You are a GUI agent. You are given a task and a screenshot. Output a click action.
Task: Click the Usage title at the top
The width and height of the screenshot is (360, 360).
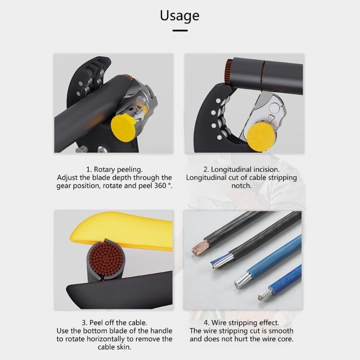point(180,16)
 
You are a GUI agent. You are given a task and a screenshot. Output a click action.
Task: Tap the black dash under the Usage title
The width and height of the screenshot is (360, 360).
point(180,31)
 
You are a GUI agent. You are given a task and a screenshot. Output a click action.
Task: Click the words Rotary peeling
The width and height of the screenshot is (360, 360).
point(118,170)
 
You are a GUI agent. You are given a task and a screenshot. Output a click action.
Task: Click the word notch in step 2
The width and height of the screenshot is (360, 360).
point(242,185)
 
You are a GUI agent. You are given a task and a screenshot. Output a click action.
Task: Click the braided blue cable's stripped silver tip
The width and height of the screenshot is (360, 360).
point(264,296)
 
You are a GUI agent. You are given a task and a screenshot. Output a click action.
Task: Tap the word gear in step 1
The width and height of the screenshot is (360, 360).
point(65,185)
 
